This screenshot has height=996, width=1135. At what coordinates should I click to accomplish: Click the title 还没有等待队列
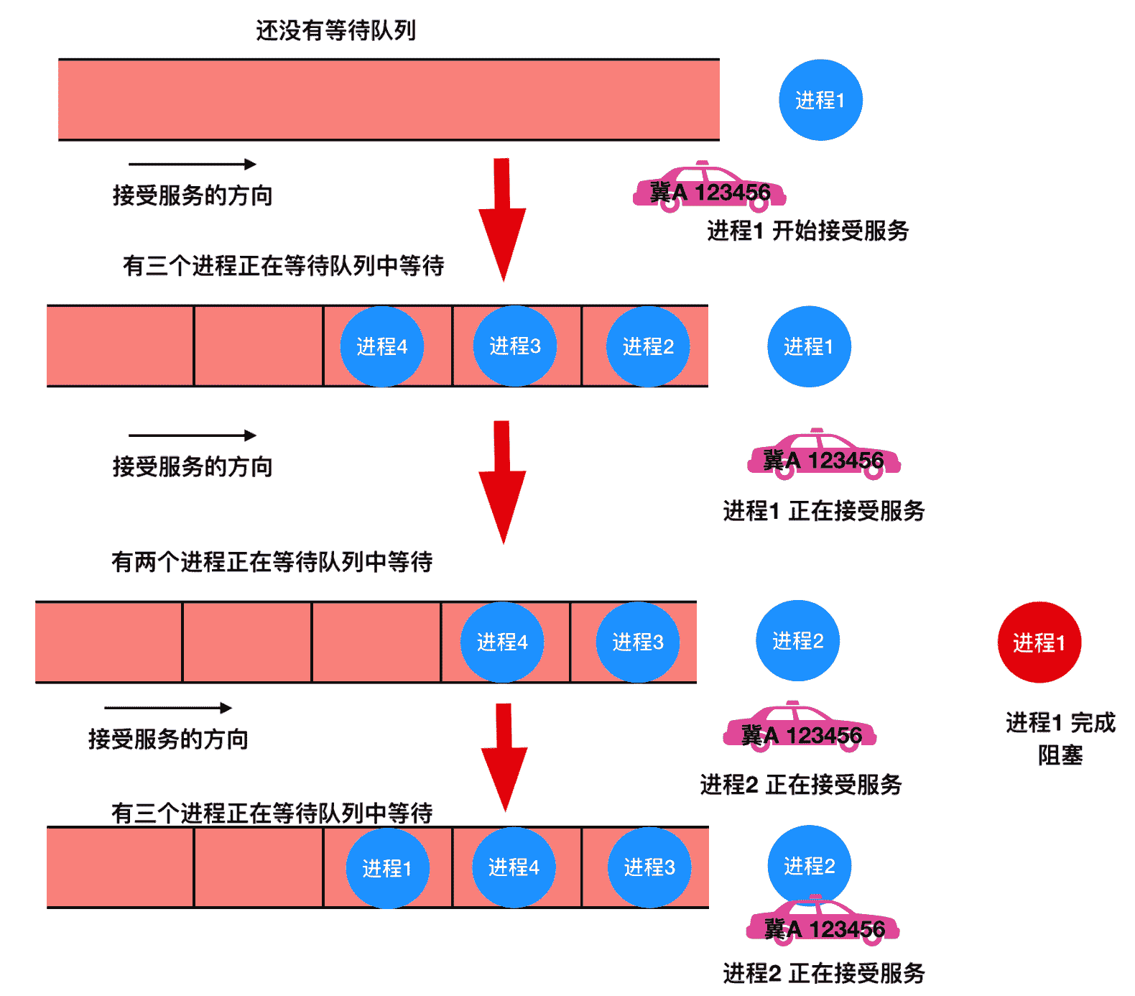pos(335,30)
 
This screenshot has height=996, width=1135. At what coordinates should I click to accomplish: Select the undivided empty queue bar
pos(389,99)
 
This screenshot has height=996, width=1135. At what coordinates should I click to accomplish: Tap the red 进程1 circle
pos(1039,642)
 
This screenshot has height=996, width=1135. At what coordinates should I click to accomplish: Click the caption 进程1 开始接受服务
pos(807,231)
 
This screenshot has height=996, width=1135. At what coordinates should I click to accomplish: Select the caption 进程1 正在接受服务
pos(823,511)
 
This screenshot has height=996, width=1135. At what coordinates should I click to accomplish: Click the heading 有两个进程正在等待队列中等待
pos(272,561)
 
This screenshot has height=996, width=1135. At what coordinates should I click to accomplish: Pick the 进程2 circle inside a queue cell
pos(648,346)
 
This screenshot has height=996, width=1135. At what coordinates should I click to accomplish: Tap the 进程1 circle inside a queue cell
pos(387,868)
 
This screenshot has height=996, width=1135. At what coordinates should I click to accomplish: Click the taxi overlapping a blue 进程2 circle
pos(823,921)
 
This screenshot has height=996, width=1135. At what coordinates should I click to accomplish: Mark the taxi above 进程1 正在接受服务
pos(823,455)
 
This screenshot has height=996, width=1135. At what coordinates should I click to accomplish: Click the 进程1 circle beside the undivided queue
pos(820,100)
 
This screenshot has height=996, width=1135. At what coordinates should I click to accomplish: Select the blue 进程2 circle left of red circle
pos(797,640)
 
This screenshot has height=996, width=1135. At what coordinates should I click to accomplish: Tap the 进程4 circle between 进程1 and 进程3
pos(514,867)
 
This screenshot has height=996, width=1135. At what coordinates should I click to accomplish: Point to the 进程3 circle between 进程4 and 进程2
pos(514,346)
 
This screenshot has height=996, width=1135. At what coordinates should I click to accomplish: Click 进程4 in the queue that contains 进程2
pos(381,346)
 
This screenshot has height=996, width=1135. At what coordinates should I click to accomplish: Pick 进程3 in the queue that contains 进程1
pos(649,867)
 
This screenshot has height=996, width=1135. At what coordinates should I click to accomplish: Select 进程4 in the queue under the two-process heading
pos(502,642)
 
